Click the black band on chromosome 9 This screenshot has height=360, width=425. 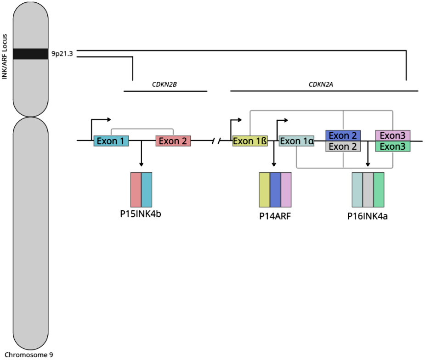click(30, 54)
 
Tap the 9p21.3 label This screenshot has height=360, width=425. click(62, 54)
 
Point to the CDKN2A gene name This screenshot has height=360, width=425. click(321, 84)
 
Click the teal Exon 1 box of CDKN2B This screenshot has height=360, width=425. click(111, 141)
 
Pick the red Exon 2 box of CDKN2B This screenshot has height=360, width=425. click(173, 141)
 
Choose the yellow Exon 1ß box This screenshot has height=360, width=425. click(250, 141)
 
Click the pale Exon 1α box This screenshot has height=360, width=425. click(297, 141)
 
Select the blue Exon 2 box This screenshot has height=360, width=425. click(343, 135)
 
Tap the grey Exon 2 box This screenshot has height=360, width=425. click(343, 146)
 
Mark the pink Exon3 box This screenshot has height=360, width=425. click(392, 135)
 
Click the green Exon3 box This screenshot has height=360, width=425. click(392, 146)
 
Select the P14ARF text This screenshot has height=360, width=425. click(275, 216)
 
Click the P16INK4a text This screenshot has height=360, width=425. click(368, 216)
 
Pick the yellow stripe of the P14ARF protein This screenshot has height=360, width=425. click(264, 190)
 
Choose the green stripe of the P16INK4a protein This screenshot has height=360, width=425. click(379, 190)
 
